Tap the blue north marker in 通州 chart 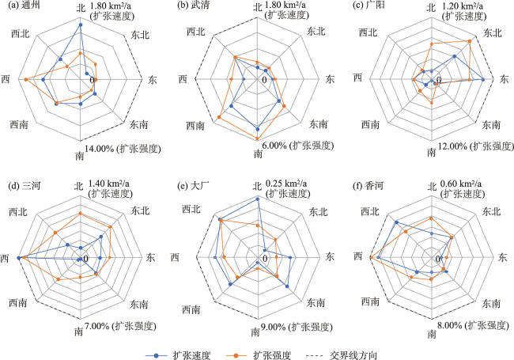pos(81,25)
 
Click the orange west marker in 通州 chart pos(26,80)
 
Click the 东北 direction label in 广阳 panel pos(492,33)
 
